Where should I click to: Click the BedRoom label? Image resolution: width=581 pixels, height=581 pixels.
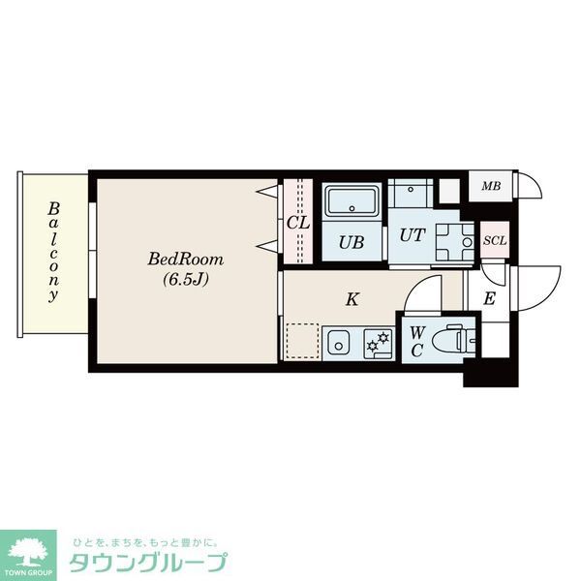coord(186,260)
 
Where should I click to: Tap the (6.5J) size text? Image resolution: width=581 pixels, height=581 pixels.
coord(186,280)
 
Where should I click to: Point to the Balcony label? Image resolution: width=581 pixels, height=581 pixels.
coord(54,252)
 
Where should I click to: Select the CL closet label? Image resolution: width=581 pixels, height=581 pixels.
coord(298,223)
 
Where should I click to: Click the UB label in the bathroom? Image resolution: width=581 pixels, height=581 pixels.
coord(352,242)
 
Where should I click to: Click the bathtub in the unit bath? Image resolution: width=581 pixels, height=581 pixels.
coord(352,203)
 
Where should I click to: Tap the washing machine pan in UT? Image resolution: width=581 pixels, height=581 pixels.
coord(452,242)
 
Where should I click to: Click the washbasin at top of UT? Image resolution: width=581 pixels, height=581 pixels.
coord(411,192)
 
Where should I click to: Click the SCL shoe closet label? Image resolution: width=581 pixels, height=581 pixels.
coord(494,240)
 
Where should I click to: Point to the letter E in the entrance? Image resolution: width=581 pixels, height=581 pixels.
coord(490,299)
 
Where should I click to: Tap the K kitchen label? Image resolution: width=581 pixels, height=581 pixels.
coord(353,298)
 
